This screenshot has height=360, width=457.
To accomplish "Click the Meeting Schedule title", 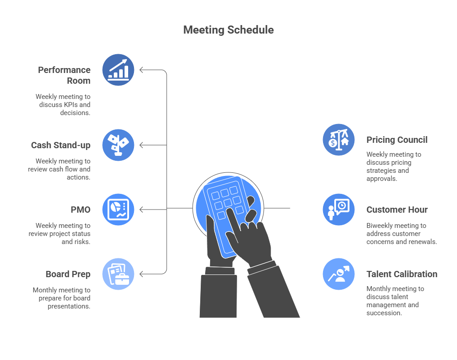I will (x=228, y=30).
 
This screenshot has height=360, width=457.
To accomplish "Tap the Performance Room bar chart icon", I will (x=118, y=70).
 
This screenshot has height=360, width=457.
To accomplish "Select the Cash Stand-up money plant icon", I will (x=118, y=145).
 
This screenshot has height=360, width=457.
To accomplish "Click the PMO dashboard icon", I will (x=118, y=210).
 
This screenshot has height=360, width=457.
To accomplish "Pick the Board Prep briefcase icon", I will (x=118, y=274).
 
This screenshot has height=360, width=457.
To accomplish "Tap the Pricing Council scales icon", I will (x=339, y=140).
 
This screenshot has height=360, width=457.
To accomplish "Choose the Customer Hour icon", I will (x=339, y=210).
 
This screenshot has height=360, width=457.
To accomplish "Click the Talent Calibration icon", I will (x=339, y=274).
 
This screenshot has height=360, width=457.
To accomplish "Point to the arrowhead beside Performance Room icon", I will (x=142, y=70).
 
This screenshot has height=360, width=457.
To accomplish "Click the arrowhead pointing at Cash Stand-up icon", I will (x=142, y=145).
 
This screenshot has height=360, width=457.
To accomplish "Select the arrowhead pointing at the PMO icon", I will (x=142, y=210).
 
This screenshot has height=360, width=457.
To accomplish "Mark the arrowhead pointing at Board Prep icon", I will (x=142, y=274).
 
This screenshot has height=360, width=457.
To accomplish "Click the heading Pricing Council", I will (x=397, y=140).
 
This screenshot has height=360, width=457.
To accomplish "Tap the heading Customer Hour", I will (x=397, y=210).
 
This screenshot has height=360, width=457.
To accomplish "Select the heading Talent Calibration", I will (x=402, y=274).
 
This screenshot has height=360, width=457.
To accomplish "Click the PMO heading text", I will (x=81, y=210).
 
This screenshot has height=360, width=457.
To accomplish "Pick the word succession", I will (x=384, y=313).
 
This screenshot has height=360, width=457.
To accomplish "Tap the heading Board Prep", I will (x=68, y=274).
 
